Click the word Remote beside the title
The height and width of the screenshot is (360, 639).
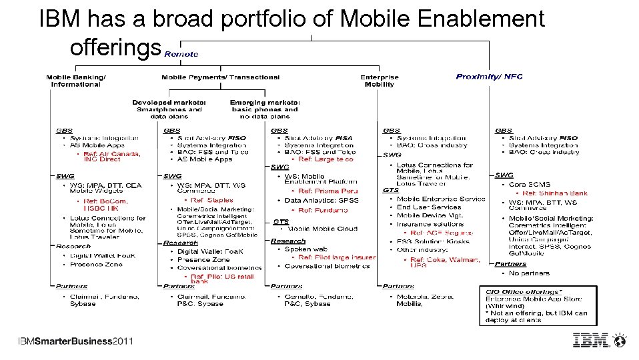pos(181,54)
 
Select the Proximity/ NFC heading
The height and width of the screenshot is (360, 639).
pos(489,77)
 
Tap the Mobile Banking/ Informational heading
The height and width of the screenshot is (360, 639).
pos(76,81)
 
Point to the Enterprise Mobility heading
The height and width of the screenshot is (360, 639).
pos(379,81)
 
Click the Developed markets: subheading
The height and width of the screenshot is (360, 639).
pos(169,102)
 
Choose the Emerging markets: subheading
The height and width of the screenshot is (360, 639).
pos(265,102)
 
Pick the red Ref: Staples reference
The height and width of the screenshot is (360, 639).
pos(211,200)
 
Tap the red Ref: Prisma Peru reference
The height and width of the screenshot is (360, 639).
pos(328,191)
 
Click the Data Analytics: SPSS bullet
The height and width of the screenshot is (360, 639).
pos(321,200)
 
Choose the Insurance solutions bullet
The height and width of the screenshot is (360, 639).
pos(430,224)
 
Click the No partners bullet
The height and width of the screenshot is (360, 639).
pos(529,273)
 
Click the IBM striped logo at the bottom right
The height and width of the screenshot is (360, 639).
pos(592,340)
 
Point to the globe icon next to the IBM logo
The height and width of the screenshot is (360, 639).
pos(620,340)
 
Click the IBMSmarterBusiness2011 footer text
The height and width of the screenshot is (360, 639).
pos(75,341)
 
